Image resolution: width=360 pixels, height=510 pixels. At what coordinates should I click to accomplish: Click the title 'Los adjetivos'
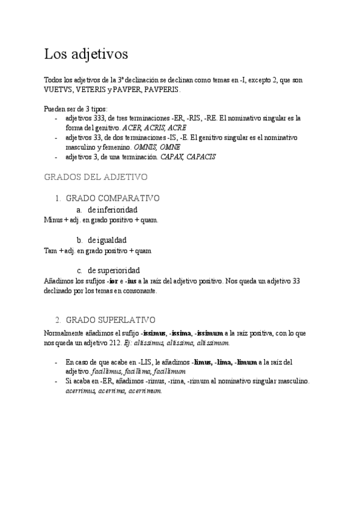click(x=86, y=54)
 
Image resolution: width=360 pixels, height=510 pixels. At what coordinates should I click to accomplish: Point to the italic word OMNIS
click(x=147, y=147)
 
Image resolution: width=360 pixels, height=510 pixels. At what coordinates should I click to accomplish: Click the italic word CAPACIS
click(x=201, y=157)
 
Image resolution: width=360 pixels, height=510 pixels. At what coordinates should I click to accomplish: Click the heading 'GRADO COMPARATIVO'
click(x=112, y=198)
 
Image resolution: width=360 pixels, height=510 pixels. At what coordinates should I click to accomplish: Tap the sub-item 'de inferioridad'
click(x=112, y=209)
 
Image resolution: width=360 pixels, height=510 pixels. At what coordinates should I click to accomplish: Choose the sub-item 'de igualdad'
click(x=107, y=240)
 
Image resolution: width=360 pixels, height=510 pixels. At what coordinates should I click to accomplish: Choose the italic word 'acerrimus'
click(x=81, y=390)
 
